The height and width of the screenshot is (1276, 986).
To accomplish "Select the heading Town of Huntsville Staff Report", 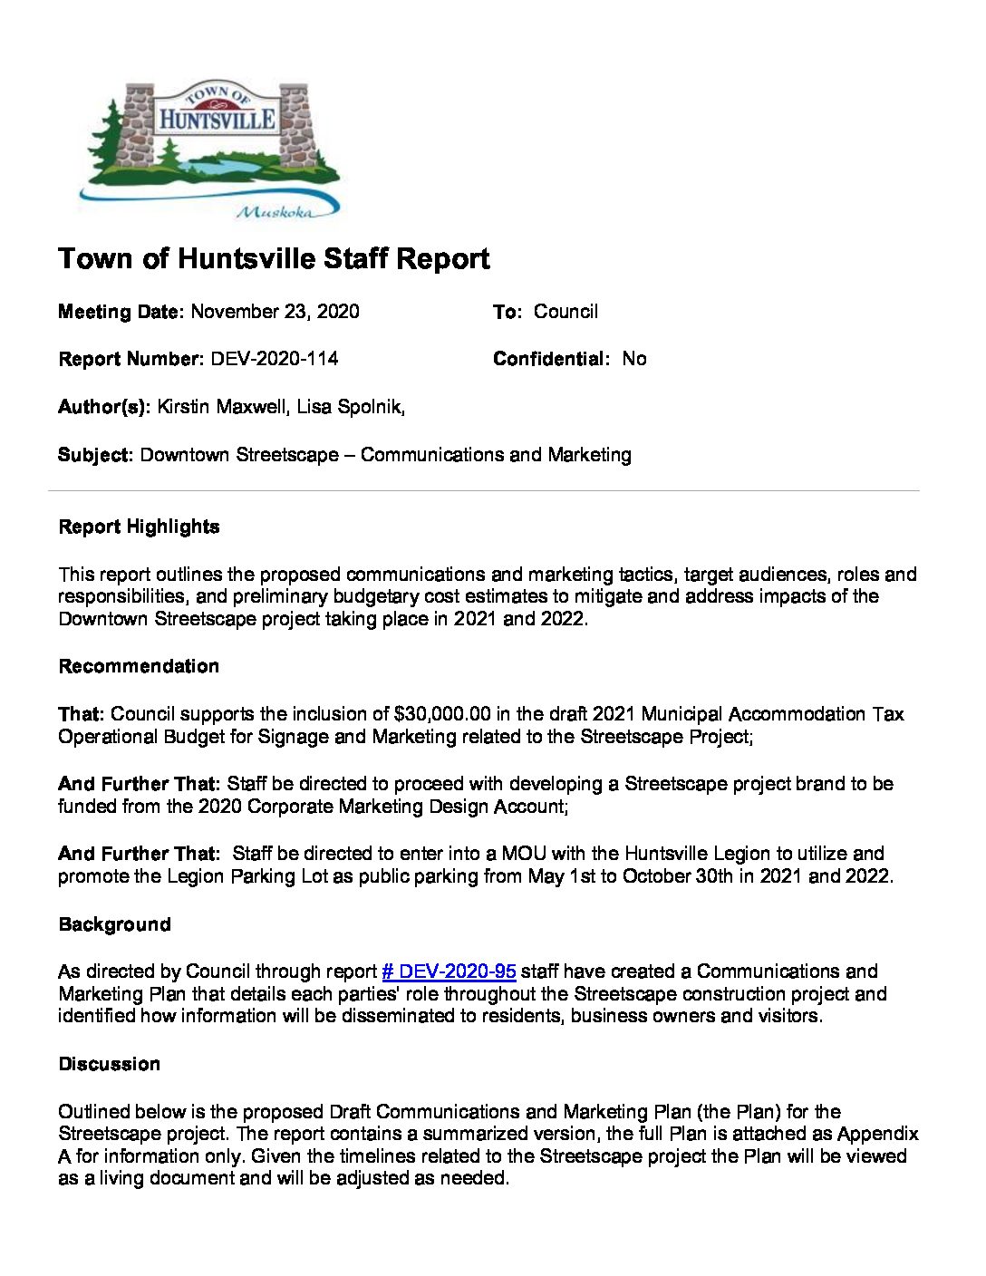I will point(274,259).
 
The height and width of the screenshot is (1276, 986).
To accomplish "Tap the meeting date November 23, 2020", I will point(275,312).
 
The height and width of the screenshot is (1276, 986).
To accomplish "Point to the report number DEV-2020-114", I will point(275,359).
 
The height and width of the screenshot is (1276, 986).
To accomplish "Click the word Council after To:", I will point(565,312).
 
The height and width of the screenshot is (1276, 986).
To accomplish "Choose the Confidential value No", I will point(634,359).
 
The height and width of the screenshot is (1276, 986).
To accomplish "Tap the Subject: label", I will point(96,455).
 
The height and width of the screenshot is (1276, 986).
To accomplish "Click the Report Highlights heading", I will point(139,527).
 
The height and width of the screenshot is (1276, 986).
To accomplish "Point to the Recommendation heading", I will point(139,666).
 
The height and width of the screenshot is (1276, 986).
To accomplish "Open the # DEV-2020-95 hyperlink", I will point(449,971).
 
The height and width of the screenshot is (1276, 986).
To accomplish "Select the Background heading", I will point(114,924).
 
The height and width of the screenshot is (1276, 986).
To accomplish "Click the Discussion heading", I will point(109,1064).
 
